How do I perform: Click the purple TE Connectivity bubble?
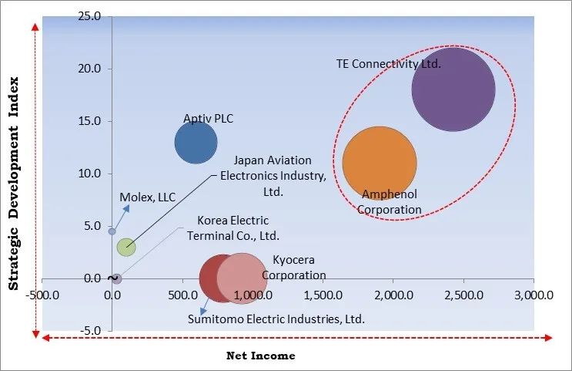453,89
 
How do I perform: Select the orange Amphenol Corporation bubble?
380,163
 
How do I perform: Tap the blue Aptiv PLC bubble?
196,143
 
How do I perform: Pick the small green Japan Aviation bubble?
126,247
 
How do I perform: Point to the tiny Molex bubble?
112,231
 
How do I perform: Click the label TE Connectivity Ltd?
389,64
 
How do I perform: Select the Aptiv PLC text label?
208,119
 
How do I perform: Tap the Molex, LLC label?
148,197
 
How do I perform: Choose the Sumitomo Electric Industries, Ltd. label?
276,318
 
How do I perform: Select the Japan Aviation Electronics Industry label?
273,175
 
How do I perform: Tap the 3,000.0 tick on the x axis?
534,295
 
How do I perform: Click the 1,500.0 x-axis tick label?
324,295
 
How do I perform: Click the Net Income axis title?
260,356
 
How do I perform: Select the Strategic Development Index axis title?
13,184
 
